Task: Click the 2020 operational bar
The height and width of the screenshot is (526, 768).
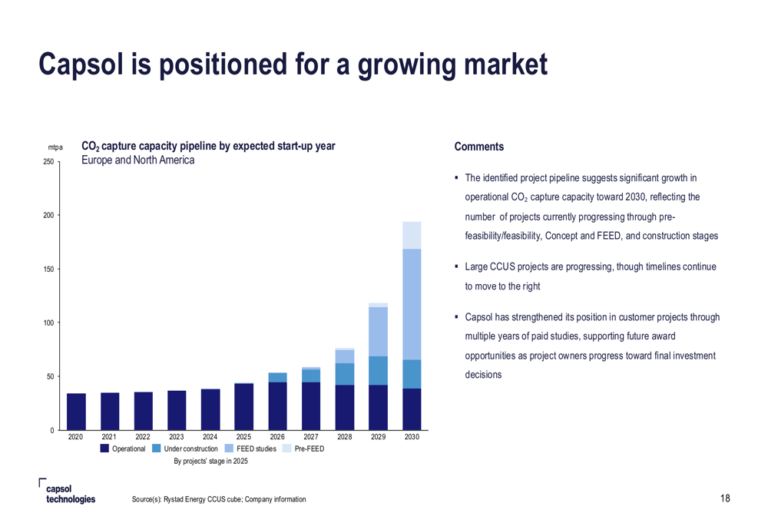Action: click(76, 412)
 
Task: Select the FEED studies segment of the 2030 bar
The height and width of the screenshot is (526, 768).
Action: click(412, 304)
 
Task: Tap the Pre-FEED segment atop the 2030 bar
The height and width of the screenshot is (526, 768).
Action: click(412, 235)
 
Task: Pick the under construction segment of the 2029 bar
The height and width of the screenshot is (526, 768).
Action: click(378, 370)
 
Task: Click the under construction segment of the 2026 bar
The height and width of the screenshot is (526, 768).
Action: click(278, 377)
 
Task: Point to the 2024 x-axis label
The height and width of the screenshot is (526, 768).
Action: click(210, 437)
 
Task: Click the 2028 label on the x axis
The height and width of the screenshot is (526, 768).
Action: click(344, 437)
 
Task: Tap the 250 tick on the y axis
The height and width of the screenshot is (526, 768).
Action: click(48, 161)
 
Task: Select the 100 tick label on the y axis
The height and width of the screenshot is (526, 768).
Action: click(48, 323)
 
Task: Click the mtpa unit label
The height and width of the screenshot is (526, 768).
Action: click(55, 147)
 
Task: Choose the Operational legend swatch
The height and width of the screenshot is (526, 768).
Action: click(104, 448)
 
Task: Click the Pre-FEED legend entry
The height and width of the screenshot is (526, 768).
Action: click(303, 448)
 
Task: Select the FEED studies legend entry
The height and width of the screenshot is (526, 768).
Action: click(250, 448)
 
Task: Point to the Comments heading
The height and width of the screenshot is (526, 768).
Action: click(479, 147)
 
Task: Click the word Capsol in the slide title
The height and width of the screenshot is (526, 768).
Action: click(81, 65)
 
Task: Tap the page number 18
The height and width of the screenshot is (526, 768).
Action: click(725, 498)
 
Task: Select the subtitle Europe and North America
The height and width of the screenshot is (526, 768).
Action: click(137, 160)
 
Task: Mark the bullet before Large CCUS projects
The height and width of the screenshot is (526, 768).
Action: click(456, 266)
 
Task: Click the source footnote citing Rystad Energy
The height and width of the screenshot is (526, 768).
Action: click(219, 499)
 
